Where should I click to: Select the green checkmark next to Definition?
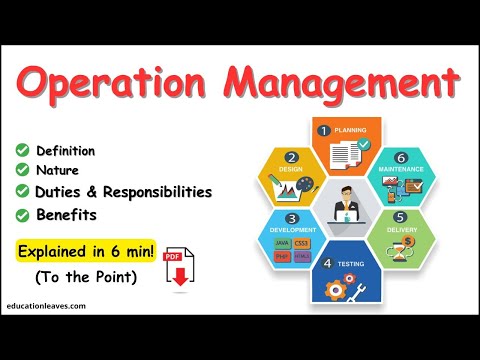[21, 151]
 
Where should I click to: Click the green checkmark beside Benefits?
[21, 213]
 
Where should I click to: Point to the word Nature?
[59, 171]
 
